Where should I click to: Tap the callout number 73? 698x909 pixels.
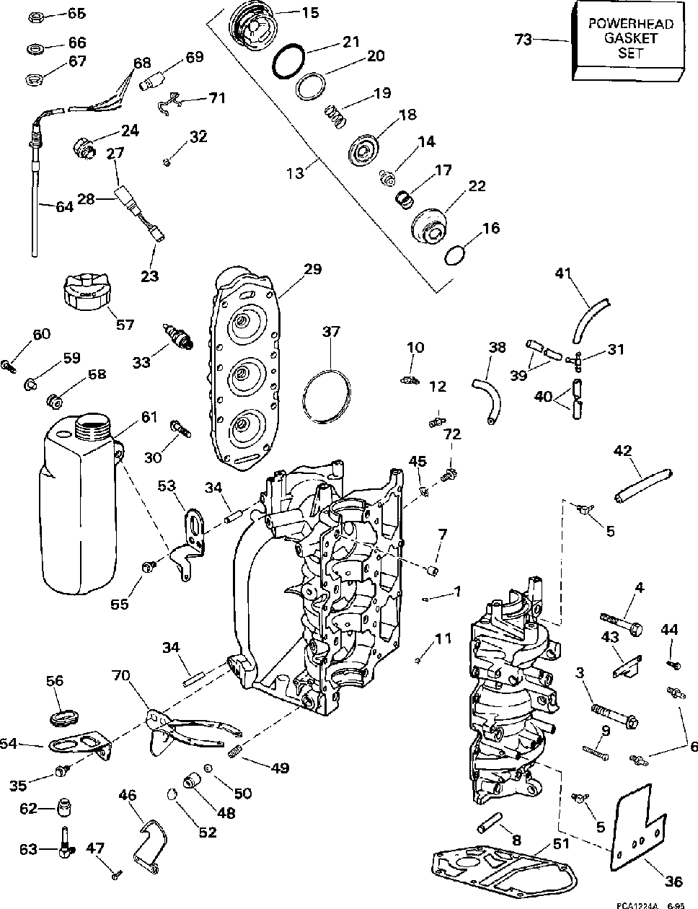(523, 40)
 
